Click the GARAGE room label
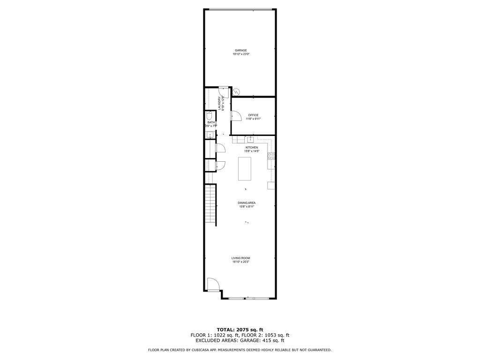[x=241, y=50]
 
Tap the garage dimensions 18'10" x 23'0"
[x=241, y=54]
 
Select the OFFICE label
[x=253, y=115]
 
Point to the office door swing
[x=235, y=116]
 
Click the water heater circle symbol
[x=237, y=92]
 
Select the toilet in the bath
[x=209, y=115]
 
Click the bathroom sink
[x=209, y=135]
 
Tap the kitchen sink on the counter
[x=251, y=139]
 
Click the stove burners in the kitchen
[x=271, y=156]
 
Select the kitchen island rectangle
[x=245, y=169]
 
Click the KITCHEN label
[x=251, y=148]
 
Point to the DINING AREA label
[x=247, y=203]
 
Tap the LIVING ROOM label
[x=241, y=258]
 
